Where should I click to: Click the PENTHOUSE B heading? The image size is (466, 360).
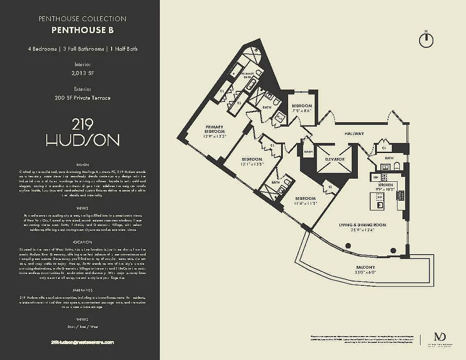pyautogui.click(x=82, y=31)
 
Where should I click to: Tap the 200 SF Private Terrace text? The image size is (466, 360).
pyautogui.click(x=82, y=98)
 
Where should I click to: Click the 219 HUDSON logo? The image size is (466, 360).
pyautogui.click(x=82, y=133)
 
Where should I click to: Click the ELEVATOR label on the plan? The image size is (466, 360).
pyautogui.click(x=335, y=159)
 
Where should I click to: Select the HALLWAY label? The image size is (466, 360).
pyautogui.click(x=354, y=134)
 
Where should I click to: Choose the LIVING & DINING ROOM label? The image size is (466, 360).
pyautogui.click(x=362, y=225)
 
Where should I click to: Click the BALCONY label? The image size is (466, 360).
pyautogui.click(x=365, y=267)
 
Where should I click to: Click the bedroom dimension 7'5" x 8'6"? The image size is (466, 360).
pyautogui.click(x=302, y=110)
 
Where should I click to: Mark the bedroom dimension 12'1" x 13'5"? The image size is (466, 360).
pyautogui.click(x=252, y=165)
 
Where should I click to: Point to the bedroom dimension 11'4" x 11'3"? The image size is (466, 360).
pyautogui.click(x=306, y=203)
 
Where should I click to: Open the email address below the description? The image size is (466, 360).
pyautogui.click(x=82, y=342)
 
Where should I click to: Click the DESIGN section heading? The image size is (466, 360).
pyautogui.click(x=82, y=165)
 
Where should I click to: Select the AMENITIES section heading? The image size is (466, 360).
pyautogui.click(x=82, y=290)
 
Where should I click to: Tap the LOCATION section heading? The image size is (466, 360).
pyautogui.click(x=82, y=242)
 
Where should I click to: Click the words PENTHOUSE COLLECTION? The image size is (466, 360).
pyautogui.click(x=82, y=19)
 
